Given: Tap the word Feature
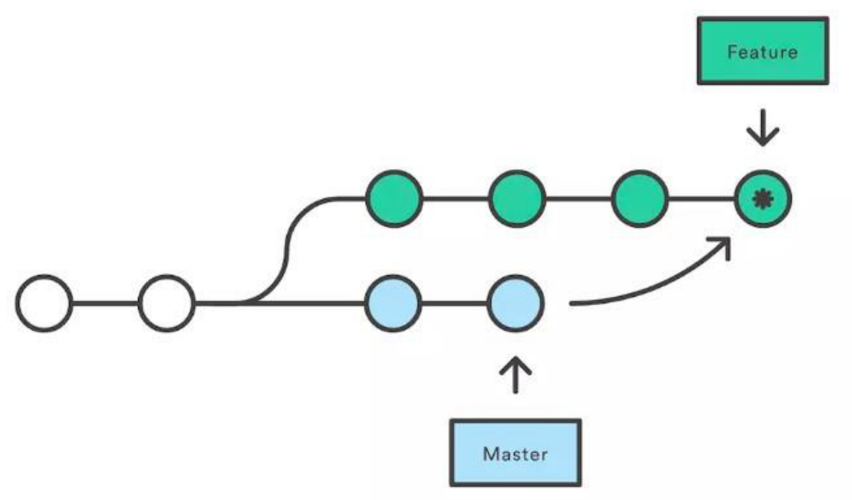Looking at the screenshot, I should click(763, 52).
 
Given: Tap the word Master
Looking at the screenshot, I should click(515, 454).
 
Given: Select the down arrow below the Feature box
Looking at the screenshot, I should click(763, 128).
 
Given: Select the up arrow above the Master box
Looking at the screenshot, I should click(515, 375).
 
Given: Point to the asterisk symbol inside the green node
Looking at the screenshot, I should click(763, 199).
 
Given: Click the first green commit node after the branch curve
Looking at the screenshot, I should click(394, 199).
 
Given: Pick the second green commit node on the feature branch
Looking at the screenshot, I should click(517, 199).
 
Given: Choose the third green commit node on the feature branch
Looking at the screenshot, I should click(640, 199).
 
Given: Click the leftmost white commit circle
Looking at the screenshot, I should click(44, 304).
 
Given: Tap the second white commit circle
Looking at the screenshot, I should click(167, 304).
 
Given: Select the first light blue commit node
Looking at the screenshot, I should click(393, 304).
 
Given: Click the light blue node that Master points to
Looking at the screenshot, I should click(515, 304).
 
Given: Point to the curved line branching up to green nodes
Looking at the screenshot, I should click(285, 251).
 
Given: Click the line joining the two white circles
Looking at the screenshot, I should click(105, 304).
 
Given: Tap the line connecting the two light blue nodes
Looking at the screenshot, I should click(454, 304).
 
